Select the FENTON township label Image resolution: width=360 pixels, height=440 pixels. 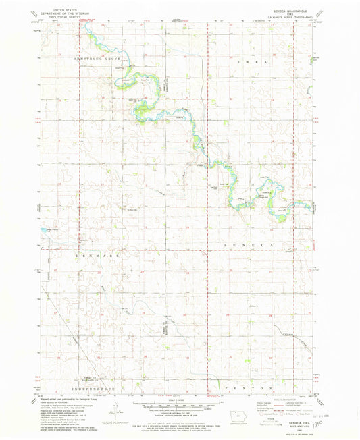coord(258,389)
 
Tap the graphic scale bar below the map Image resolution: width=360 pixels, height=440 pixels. coord(180,407)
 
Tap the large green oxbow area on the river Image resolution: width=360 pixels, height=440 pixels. coord(143,107)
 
